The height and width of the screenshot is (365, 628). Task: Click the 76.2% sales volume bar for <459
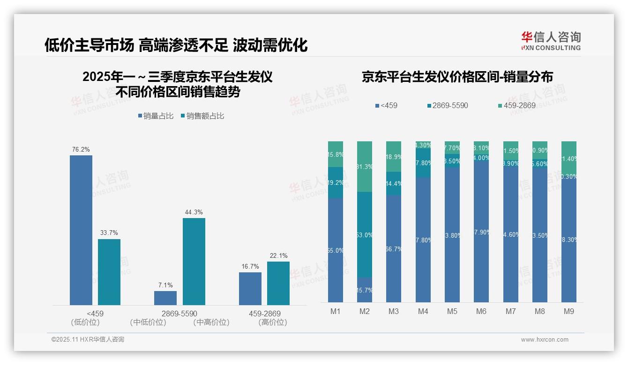click(81, 230)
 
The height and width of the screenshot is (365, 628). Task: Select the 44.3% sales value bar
click(194, 262)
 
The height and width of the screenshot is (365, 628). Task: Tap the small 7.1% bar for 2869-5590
click(165, 298)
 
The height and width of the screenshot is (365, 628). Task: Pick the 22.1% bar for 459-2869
click(278, 283)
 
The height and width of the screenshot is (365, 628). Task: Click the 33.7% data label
click(109, 233)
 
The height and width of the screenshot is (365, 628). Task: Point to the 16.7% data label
click(250, 266)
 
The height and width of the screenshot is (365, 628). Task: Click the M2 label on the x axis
click(365, 311)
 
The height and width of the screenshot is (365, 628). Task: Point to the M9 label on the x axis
click(568, 311)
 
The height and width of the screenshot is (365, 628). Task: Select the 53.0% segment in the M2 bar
click(365, 235)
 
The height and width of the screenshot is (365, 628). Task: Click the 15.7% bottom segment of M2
click(365, 290)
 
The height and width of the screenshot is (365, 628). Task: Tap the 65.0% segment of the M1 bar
click(336, 250)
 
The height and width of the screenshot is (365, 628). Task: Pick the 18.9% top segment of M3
click(394, 156)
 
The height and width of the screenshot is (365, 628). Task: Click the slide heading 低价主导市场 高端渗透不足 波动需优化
click(176, 45)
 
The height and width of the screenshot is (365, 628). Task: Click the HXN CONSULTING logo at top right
click(551, 41)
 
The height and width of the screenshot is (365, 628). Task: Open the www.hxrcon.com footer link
click(544, 340)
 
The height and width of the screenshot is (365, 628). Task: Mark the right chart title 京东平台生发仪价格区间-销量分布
click(457, 77)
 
